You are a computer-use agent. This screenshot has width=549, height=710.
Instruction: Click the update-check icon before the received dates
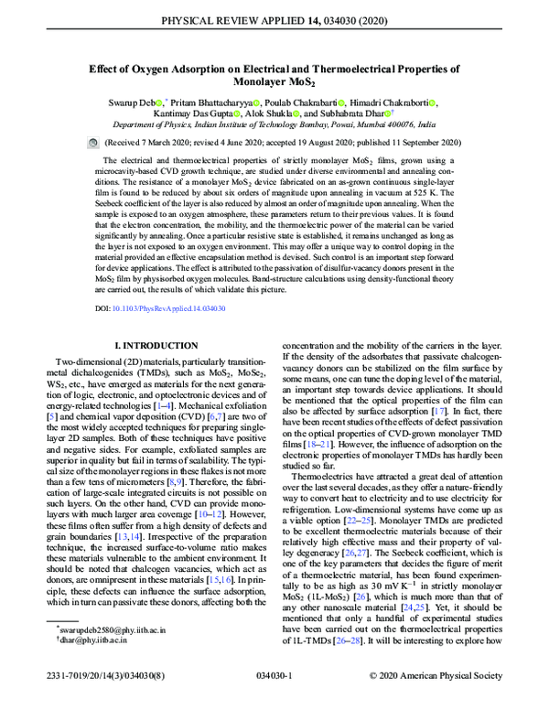tap(91, 144)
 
